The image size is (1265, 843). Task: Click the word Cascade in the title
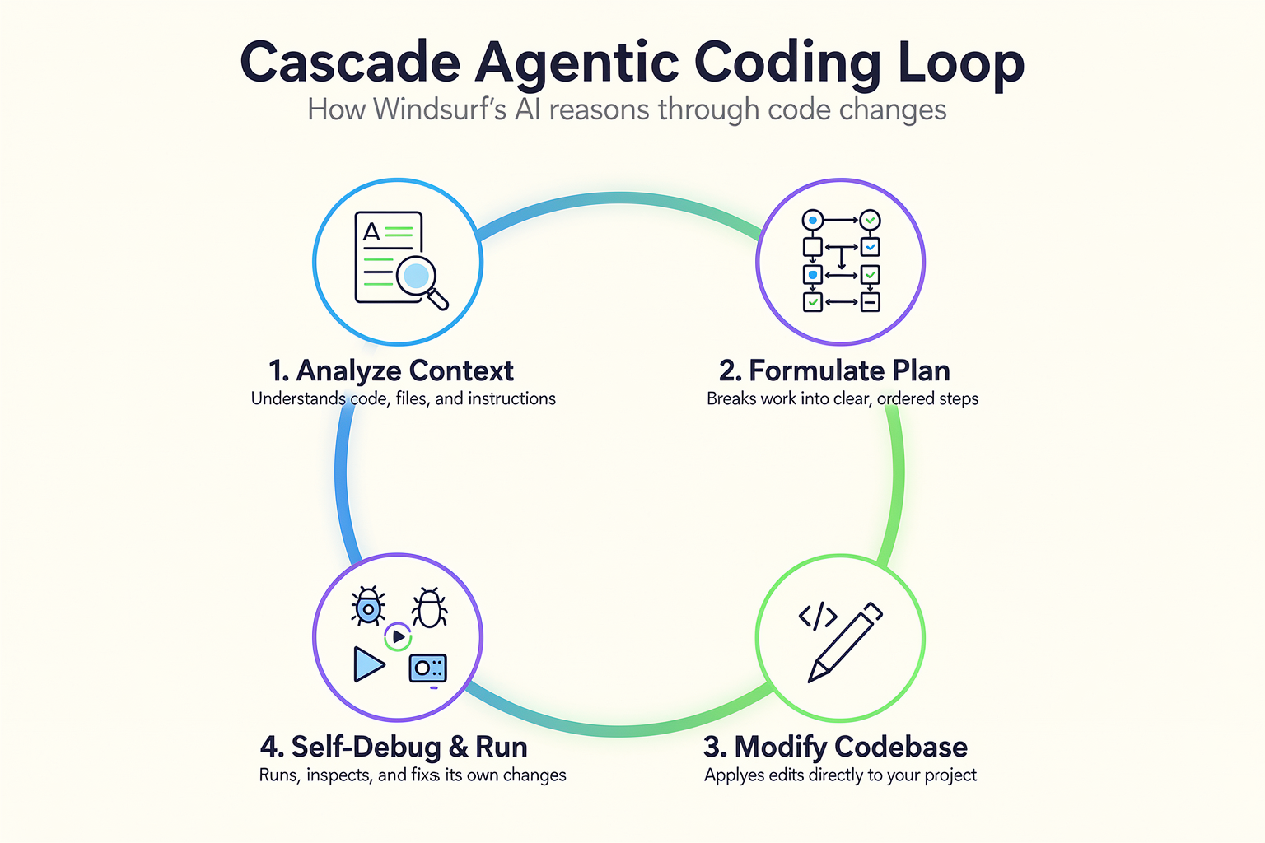click(351, 62)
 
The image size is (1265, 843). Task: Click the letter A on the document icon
click(371, 231)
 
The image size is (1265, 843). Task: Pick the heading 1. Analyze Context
click(391, 371)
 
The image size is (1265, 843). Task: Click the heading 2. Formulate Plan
click(834, 371)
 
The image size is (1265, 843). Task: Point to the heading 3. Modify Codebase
click(835, 747)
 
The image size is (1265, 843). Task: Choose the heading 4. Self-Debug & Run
click(394, 747)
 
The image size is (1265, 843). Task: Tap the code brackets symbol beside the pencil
click(818, 616)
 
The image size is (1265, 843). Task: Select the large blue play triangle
click(369, 664)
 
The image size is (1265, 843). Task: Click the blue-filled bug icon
click(368, 607)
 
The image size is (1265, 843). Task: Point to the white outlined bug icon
click(430, 608)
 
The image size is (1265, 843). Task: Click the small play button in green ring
click(398, 637)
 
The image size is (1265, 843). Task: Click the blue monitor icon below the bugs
click(428, 669)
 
